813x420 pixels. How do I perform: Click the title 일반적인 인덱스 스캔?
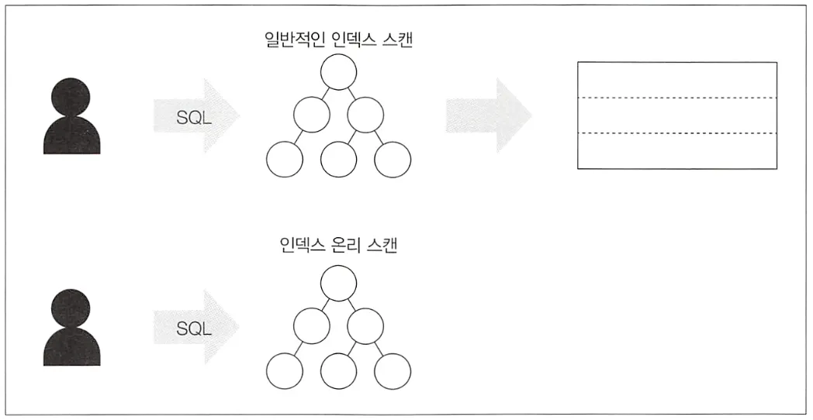point(337,40)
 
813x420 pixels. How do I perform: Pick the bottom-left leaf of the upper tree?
point(285,160)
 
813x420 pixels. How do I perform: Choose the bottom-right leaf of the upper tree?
point(392,160)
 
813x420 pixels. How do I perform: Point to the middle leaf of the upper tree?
point(338,160)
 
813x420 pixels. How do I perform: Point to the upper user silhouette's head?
point(71,95)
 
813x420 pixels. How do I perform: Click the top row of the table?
point(676,80)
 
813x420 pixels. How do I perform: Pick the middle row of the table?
point(676,115)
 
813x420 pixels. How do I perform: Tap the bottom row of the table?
point(676,150)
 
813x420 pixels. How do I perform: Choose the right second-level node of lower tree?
point(365,325)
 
